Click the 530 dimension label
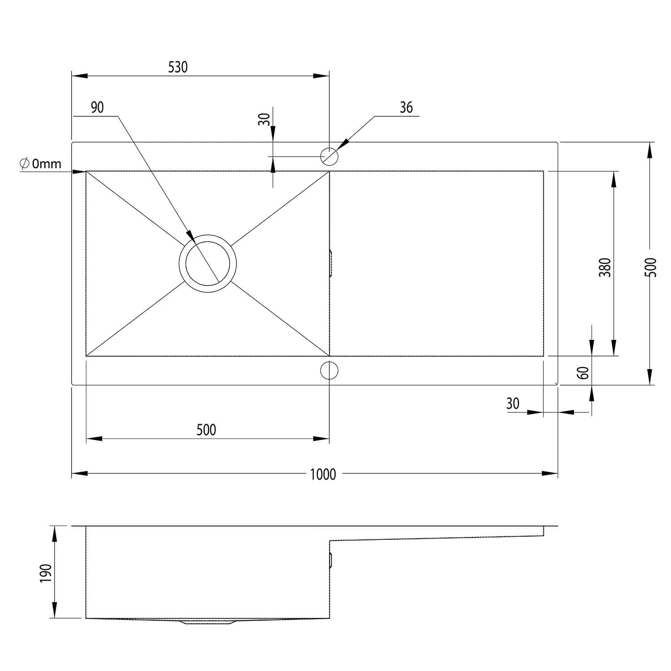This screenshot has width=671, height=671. pos(178,67)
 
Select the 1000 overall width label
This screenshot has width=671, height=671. pos(323,474)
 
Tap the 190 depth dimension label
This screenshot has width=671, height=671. pos(46,573)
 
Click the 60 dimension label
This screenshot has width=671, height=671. pos(583,372)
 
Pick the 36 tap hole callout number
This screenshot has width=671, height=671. pos(406,108)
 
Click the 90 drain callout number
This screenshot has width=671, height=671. pos(97,108)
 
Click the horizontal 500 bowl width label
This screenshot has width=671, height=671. pos(206,430)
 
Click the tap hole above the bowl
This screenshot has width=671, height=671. pos(329,156)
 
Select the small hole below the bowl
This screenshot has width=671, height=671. pos(329,370)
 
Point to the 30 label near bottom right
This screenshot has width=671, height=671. pos(513,403)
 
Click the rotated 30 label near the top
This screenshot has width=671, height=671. pos(264,119)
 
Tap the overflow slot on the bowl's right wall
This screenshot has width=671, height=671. pos(331,263)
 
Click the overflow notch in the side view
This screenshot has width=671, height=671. pos(331,561)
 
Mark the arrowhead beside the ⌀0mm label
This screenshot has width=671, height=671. pos(80,171)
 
